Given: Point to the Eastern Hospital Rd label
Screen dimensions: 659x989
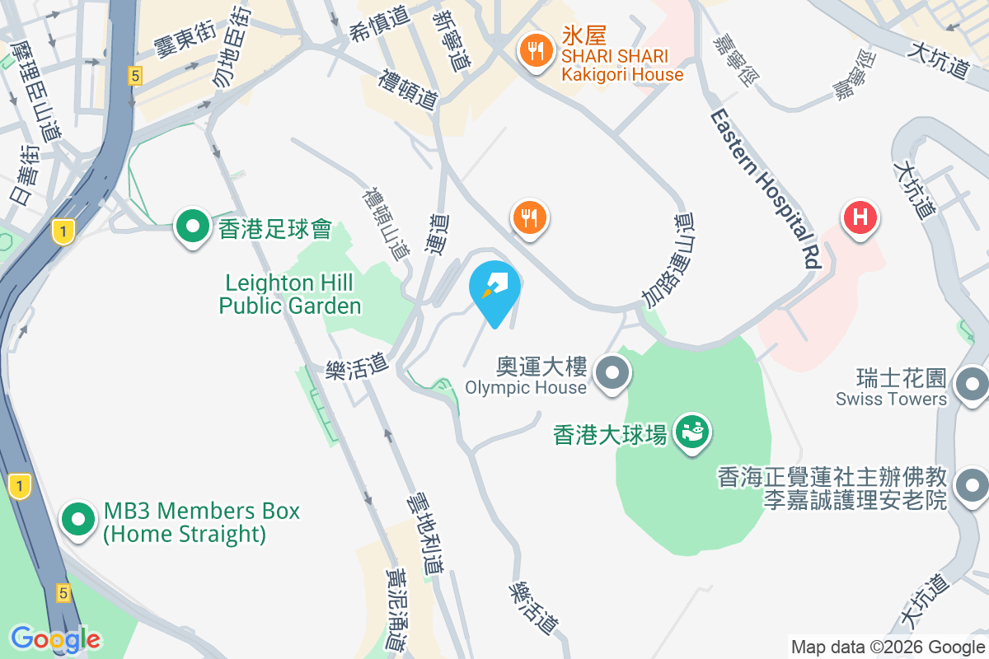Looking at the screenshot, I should tap(765, 188).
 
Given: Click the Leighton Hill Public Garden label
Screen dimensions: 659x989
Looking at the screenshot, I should tap(290, 295).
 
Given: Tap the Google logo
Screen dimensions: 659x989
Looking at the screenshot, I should tap(55, 638).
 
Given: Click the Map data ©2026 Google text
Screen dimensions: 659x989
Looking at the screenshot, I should tap(888, 647).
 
